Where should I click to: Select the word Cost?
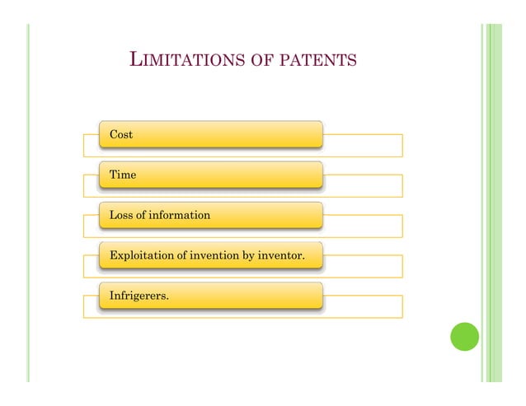pyautogui.click(x=121, y=134)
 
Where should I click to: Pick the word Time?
pyautogui.click(x=123, y=175)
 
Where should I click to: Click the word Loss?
pyautogui.click(x=121, y=215)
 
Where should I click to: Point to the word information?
pyautogui.click(x=179, y=215)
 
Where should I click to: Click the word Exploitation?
pyautogui.click(x=142, y=256)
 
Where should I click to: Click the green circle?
pyautogui.click(x=464, y=336)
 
